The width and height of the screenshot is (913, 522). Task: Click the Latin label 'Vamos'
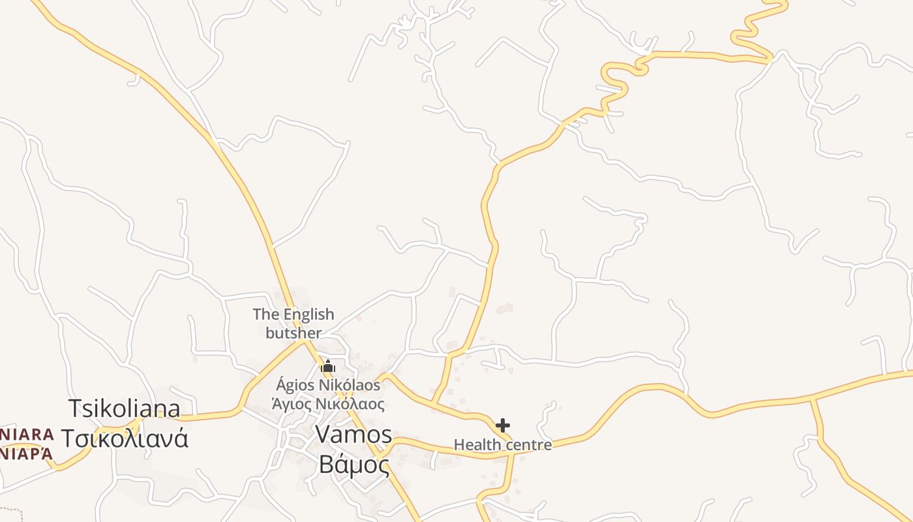click(353, 435)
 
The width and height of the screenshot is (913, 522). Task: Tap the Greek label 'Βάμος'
click(353, 465)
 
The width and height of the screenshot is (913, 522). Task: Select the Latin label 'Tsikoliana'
click(125, 409)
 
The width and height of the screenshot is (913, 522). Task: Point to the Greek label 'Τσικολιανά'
click(125, 438)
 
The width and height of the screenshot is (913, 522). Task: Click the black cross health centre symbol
click(502, 425)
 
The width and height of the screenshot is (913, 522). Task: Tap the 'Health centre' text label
click(502, 445)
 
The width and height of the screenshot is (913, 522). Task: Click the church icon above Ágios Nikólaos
click(327, 367)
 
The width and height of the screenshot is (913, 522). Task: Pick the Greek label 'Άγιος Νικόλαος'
click(328, 404)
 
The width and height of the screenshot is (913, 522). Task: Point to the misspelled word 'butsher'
click(293, 333)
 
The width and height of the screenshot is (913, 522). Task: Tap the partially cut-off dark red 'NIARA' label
click(26, 435)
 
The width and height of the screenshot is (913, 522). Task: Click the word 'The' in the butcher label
click(266, 315)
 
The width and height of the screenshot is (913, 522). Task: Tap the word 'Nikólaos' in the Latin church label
click(349, 385)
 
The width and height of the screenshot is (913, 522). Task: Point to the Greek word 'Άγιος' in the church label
click(292, 404)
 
